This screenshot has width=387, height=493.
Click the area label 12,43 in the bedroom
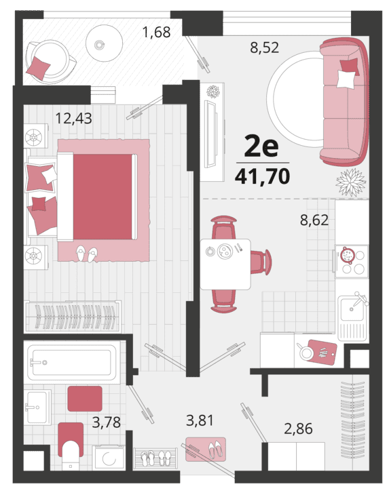click(73, 119)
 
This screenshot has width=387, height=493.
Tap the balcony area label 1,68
click(157, 32)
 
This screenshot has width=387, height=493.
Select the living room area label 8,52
click(265, 47)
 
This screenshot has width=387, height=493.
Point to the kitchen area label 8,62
click(314, 220)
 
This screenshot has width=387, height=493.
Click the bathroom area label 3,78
click(106, 422)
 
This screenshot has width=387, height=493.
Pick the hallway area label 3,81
click(200, 420)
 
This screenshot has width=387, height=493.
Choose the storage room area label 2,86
click(298, 429)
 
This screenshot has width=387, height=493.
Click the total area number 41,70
click(262, 176)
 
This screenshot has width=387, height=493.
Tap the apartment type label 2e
click(261, 147)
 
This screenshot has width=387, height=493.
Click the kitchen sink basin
click(351, 309)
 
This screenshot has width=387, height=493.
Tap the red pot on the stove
click(348, 255)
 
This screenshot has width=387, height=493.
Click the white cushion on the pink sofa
click(346, 79)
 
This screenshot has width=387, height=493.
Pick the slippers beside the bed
click(87, 254)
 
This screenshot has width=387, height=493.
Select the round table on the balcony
click(104, 43)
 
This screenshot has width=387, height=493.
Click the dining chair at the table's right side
click(261, 262)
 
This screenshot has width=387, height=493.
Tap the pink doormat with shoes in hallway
click(206, 449)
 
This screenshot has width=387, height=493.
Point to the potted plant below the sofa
click(350, 182)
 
